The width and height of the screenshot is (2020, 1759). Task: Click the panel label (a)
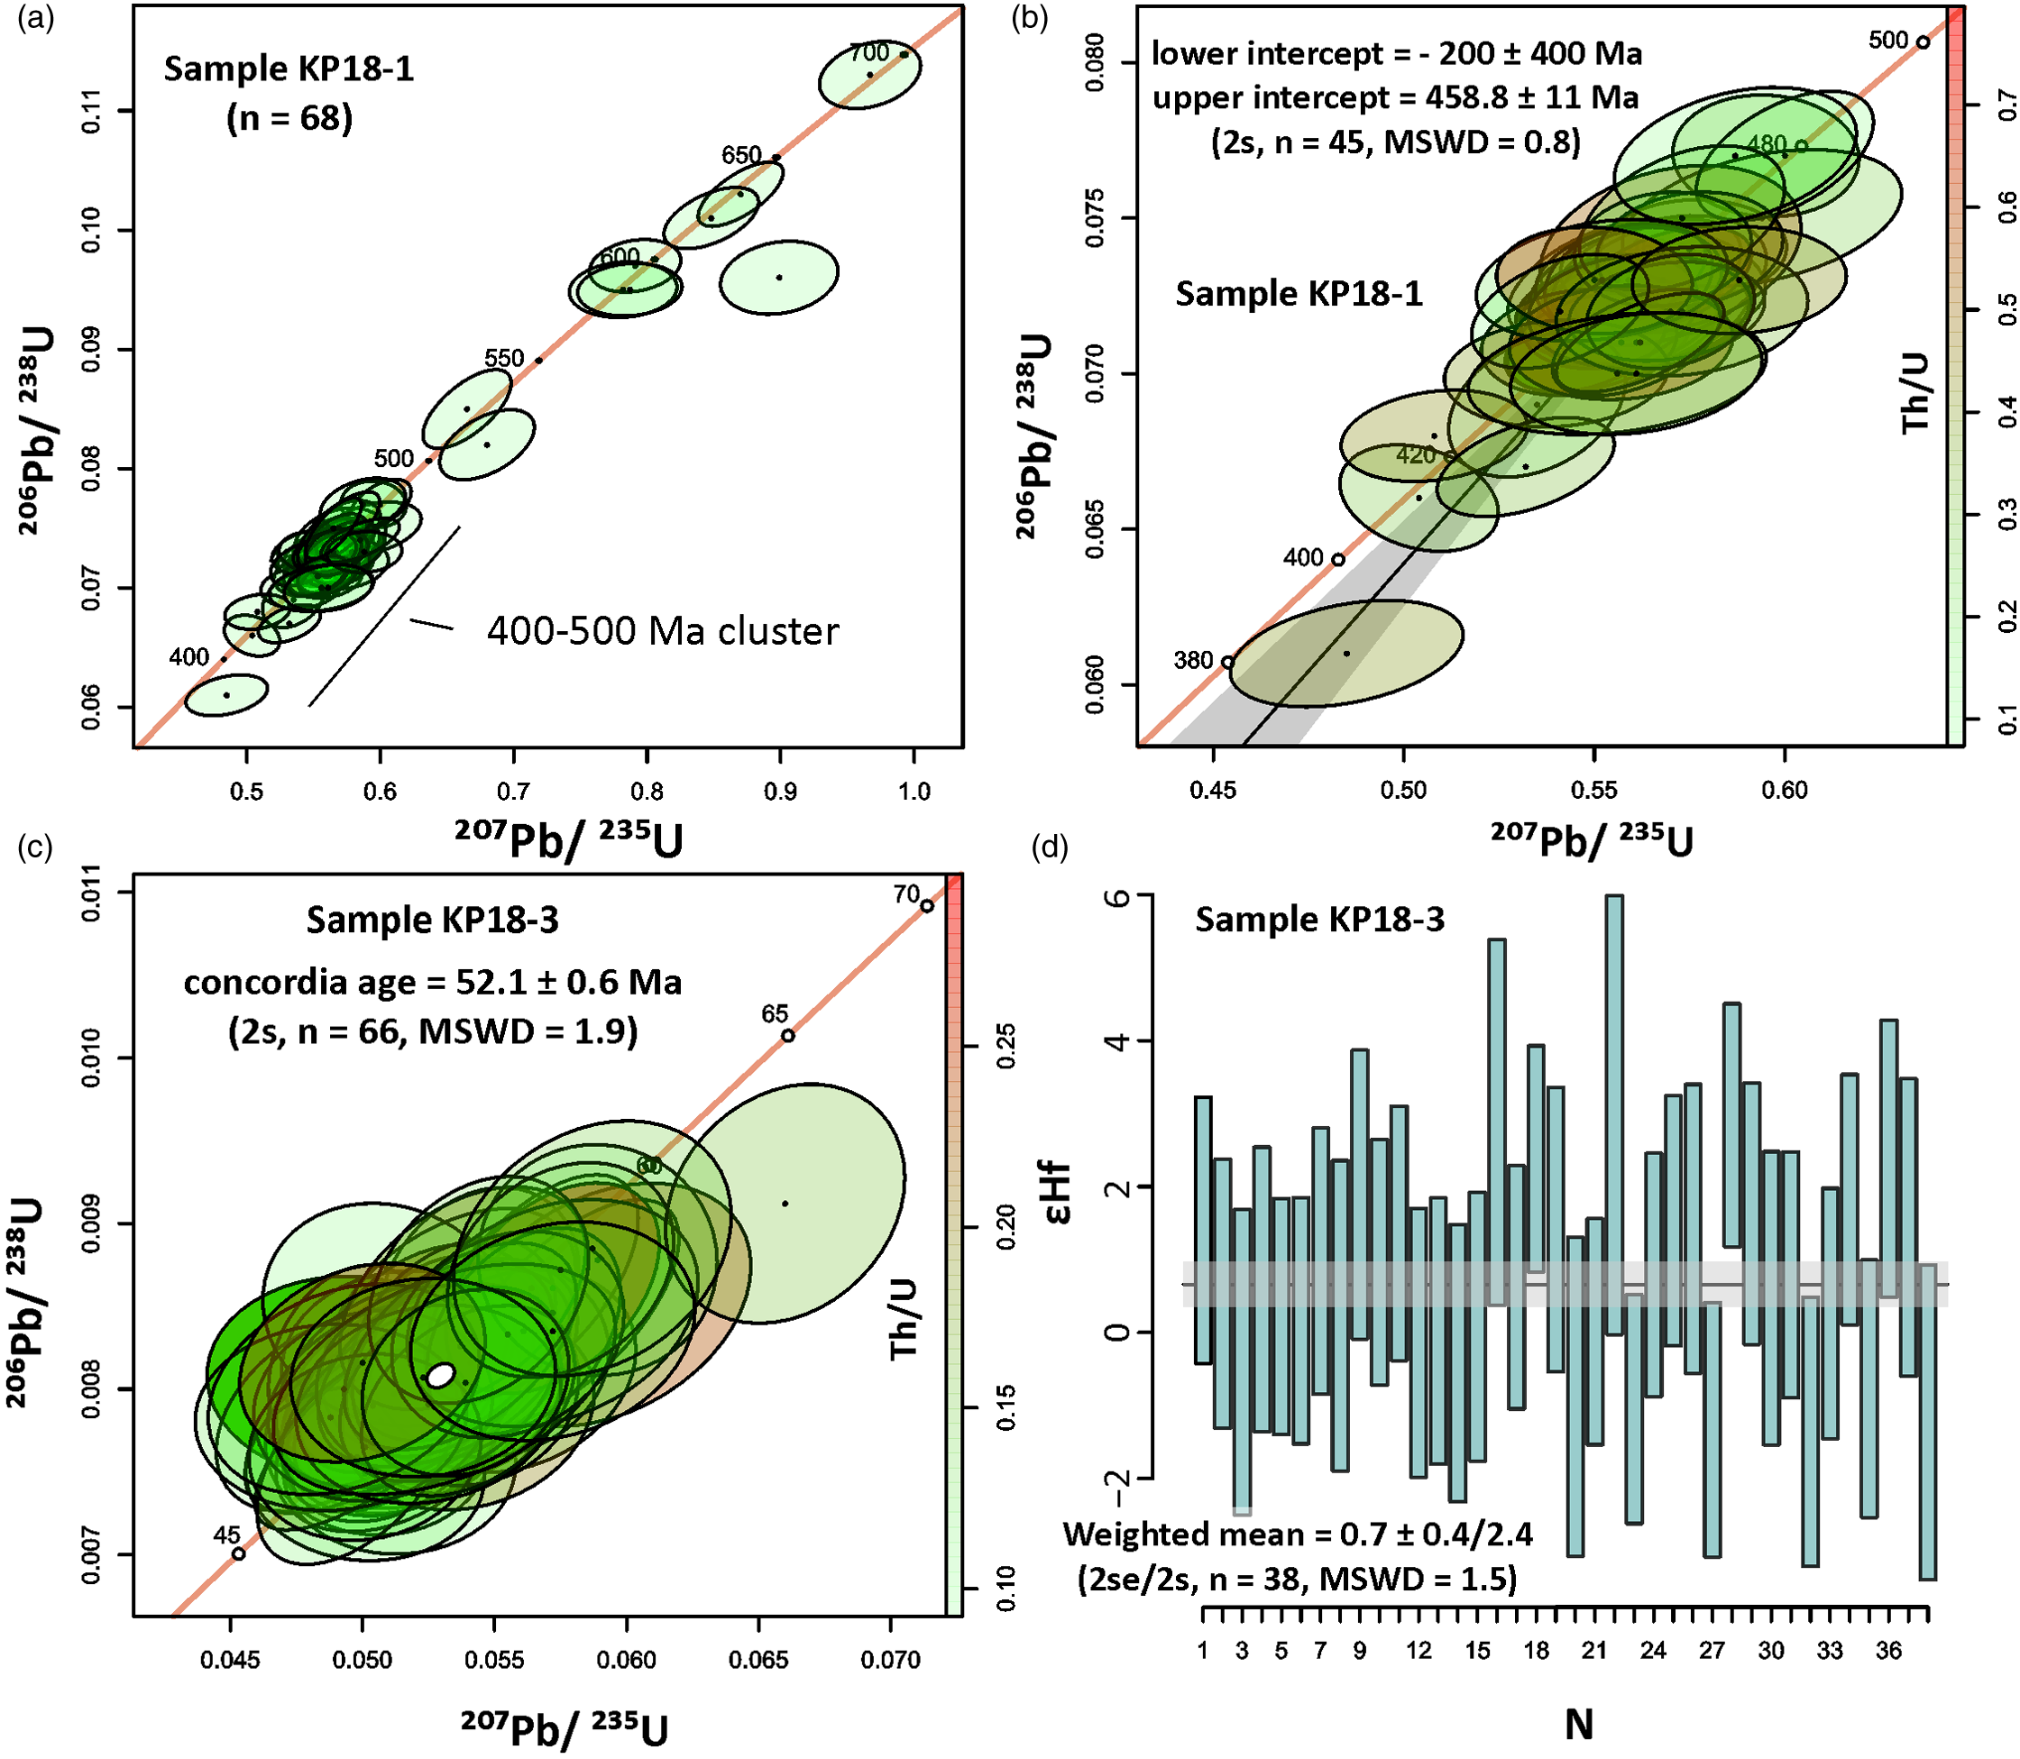click(x=35, y=20)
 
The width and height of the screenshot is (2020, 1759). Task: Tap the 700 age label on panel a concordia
click(x=868, y=52)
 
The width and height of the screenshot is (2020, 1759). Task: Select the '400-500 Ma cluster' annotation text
click(x=663, y=631)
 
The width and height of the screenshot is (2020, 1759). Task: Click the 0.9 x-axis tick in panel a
click(x=780, y=792)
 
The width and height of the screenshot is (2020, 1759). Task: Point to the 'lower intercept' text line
click(x=1396, y=53)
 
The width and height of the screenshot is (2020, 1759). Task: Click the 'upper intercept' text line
click(x=1395, y=97)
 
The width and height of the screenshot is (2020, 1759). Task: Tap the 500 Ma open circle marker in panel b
click(x=1923, y=42)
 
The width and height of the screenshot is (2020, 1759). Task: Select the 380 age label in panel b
click(x=1194, y=661)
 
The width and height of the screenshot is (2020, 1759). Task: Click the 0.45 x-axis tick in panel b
click(x=1214, y=792)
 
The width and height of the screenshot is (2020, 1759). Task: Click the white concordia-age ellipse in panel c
click(x=442, y=1375)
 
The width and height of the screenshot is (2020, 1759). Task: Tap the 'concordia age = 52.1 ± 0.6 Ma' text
click(x=432, y=983)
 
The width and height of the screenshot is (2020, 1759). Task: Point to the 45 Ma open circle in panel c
click(x=238, y=1553)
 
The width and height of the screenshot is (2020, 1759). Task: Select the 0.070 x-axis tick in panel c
click(x=890, y=1660)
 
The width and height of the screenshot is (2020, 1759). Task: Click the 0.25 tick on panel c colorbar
click(x=1005, y=1047)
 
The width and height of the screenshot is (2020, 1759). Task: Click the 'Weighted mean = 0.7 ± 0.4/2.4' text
click(x=1298, y=1534)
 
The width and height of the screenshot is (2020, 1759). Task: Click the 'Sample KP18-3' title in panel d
click(x=1319, y=920)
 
